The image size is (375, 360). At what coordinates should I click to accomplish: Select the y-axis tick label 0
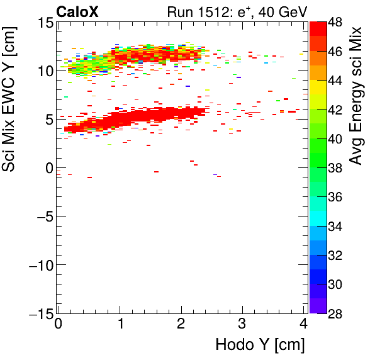[47, 168]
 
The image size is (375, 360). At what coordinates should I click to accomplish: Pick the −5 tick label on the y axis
[42, 217]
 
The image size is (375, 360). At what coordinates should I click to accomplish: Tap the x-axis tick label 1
[120, 325]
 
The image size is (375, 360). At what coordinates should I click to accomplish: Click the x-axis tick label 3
[242, 325]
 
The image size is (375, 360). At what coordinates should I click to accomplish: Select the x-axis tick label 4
[303, 325]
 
